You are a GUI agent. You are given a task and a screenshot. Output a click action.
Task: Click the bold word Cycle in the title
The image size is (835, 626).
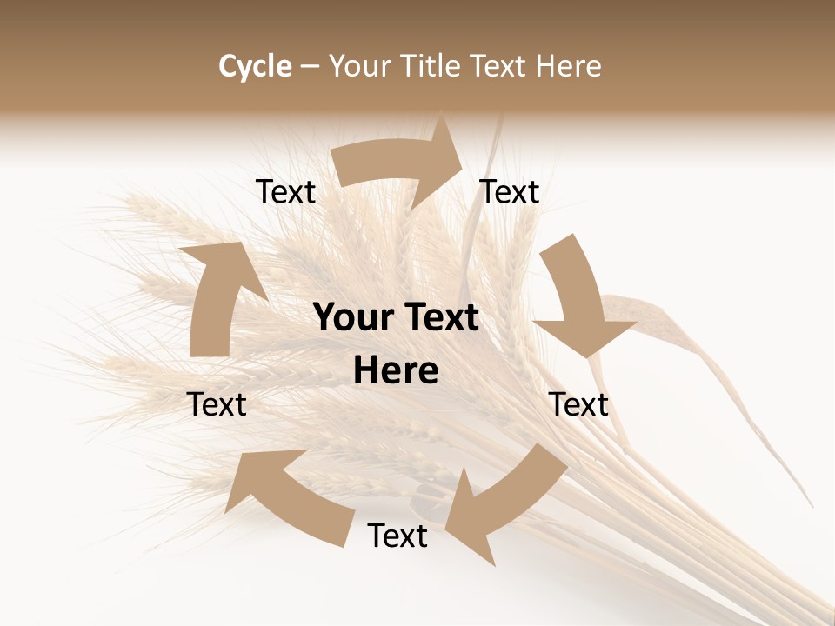point(255,66)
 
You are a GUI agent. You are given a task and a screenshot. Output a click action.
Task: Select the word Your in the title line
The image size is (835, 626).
point(358,66)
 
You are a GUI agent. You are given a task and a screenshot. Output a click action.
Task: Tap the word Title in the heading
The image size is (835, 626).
point(433,66)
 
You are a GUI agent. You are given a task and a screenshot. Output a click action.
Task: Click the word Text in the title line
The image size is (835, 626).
point(498,66)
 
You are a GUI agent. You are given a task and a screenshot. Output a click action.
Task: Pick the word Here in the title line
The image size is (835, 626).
point(568,66)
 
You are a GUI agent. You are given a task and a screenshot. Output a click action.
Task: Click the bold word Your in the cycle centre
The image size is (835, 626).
point(352,318)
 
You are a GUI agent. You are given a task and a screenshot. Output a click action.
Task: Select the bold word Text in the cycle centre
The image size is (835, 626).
point(439,318)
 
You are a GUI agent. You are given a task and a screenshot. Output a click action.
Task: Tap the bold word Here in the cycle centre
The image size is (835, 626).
point(396,371)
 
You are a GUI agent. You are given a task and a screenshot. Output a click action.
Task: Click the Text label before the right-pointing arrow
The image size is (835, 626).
point(286,191)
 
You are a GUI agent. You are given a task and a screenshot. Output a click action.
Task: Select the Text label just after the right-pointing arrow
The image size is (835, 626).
point(510,191)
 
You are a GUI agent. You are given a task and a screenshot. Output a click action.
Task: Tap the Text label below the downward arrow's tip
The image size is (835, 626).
point(579,404)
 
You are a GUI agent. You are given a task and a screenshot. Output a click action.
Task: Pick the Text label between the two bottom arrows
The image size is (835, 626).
point(397,536)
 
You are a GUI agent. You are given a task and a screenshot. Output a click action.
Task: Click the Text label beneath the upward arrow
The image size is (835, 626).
point(217,404)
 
